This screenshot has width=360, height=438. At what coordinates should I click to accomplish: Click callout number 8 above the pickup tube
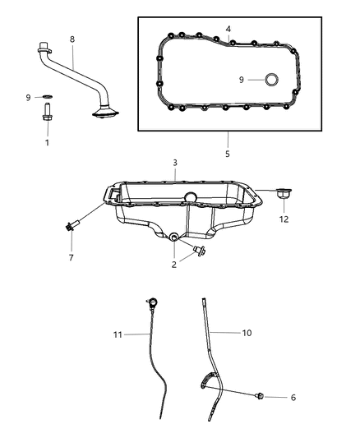tap(72, 39)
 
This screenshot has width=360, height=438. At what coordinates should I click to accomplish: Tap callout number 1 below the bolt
tap(47, 143)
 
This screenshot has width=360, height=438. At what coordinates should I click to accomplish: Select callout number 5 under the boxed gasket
tap(228, 154)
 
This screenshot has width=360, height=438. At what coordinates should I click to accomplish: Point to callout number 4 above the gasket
tap(228, 29)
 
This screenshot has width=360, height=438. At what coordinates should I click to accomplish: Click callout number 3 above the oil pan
tap(175, 163)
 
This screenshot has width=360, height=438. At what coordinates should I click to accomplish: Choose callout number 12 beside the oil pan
tap(284, 219)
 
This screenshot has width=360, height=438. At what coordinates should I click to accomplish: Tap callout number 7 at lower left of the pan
tap(72, 257)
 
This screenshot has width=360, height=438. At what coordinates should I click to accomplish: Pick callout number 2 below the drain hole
tap(174, 265)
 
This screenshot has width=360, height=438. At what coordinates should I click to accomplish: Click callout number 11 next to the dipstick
tap(118, 334)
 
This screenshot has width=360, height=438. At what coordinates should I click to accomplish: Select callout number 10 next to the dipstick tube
tap(247, 333)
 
